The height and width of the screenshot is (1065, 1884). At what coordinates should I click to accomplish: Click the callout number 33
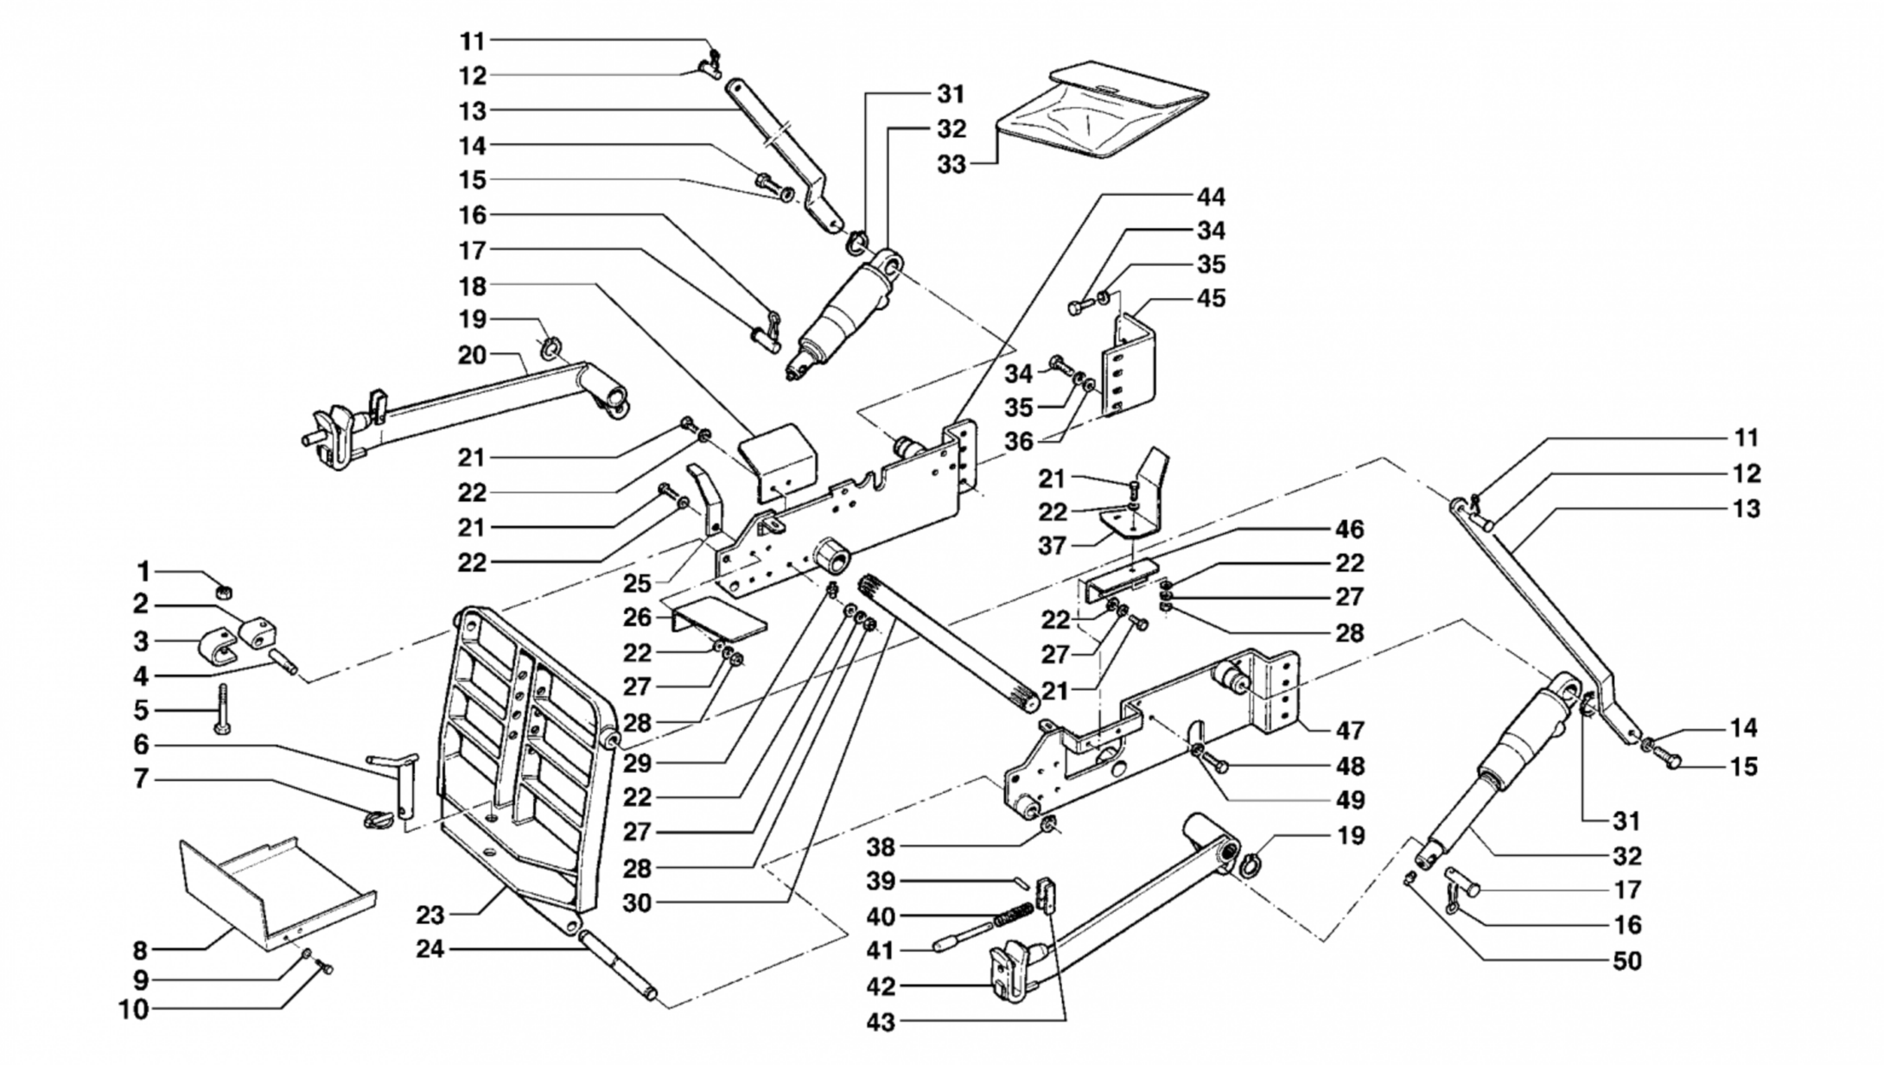951,164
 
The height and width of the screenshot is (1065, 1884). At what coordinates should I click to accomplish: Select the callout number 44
1211,197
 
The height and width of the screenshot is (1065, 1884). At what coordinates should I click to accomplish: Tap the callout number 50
1627,961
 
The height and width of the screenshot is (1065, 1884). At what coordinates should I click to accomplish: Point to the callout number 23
430,915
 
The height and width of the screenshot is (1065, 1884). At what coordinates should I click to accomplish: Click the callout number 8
140,951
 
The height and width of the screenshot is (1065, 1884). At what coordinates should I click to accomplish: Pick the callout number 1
143,572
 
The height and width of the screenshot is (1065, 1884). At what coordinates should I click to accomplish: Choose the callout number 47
1350,731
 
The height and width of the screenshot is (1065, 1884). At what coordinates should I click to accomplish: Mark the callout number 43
882,1023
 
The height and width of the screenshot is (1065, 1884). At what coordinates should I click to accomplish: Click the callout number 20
473,355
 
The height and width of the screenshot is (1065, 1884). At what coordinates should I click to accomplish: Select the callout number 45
1212,298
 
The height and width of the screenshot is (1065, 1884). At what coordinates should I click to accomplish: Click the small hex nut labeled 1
221,592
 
